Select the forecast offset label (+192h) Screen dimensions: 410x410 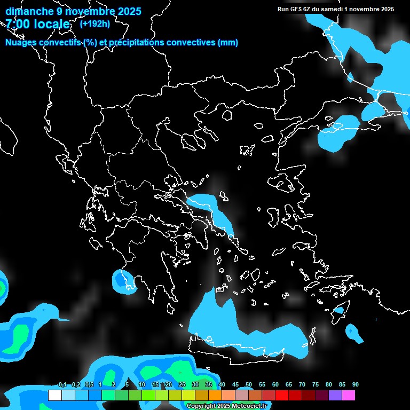coord(94,23)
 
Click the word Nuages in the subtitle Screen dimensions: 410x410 coord(21,43)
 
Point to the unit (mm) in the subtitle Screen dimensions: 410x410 coord(228,43)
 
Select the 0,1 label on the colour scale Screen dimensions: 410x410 coord(62,385)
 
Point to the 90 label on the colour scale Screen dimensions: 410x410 coord(356,385)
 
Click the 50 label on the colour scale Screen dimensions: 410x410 coord(249,385)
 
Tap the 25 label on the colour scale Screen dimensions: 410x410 coord(182,385)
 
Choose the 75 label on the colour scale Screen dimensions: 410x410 coord(316,385)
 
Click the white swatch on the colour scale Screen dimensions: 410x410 coord(54,396)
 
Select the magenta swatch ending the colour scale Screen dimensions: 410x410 coord(349,396)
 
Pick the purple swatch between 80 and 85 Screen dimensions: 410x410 coord(335,396)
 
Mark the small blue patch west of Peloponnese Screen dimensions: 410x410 coord(124,281)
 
